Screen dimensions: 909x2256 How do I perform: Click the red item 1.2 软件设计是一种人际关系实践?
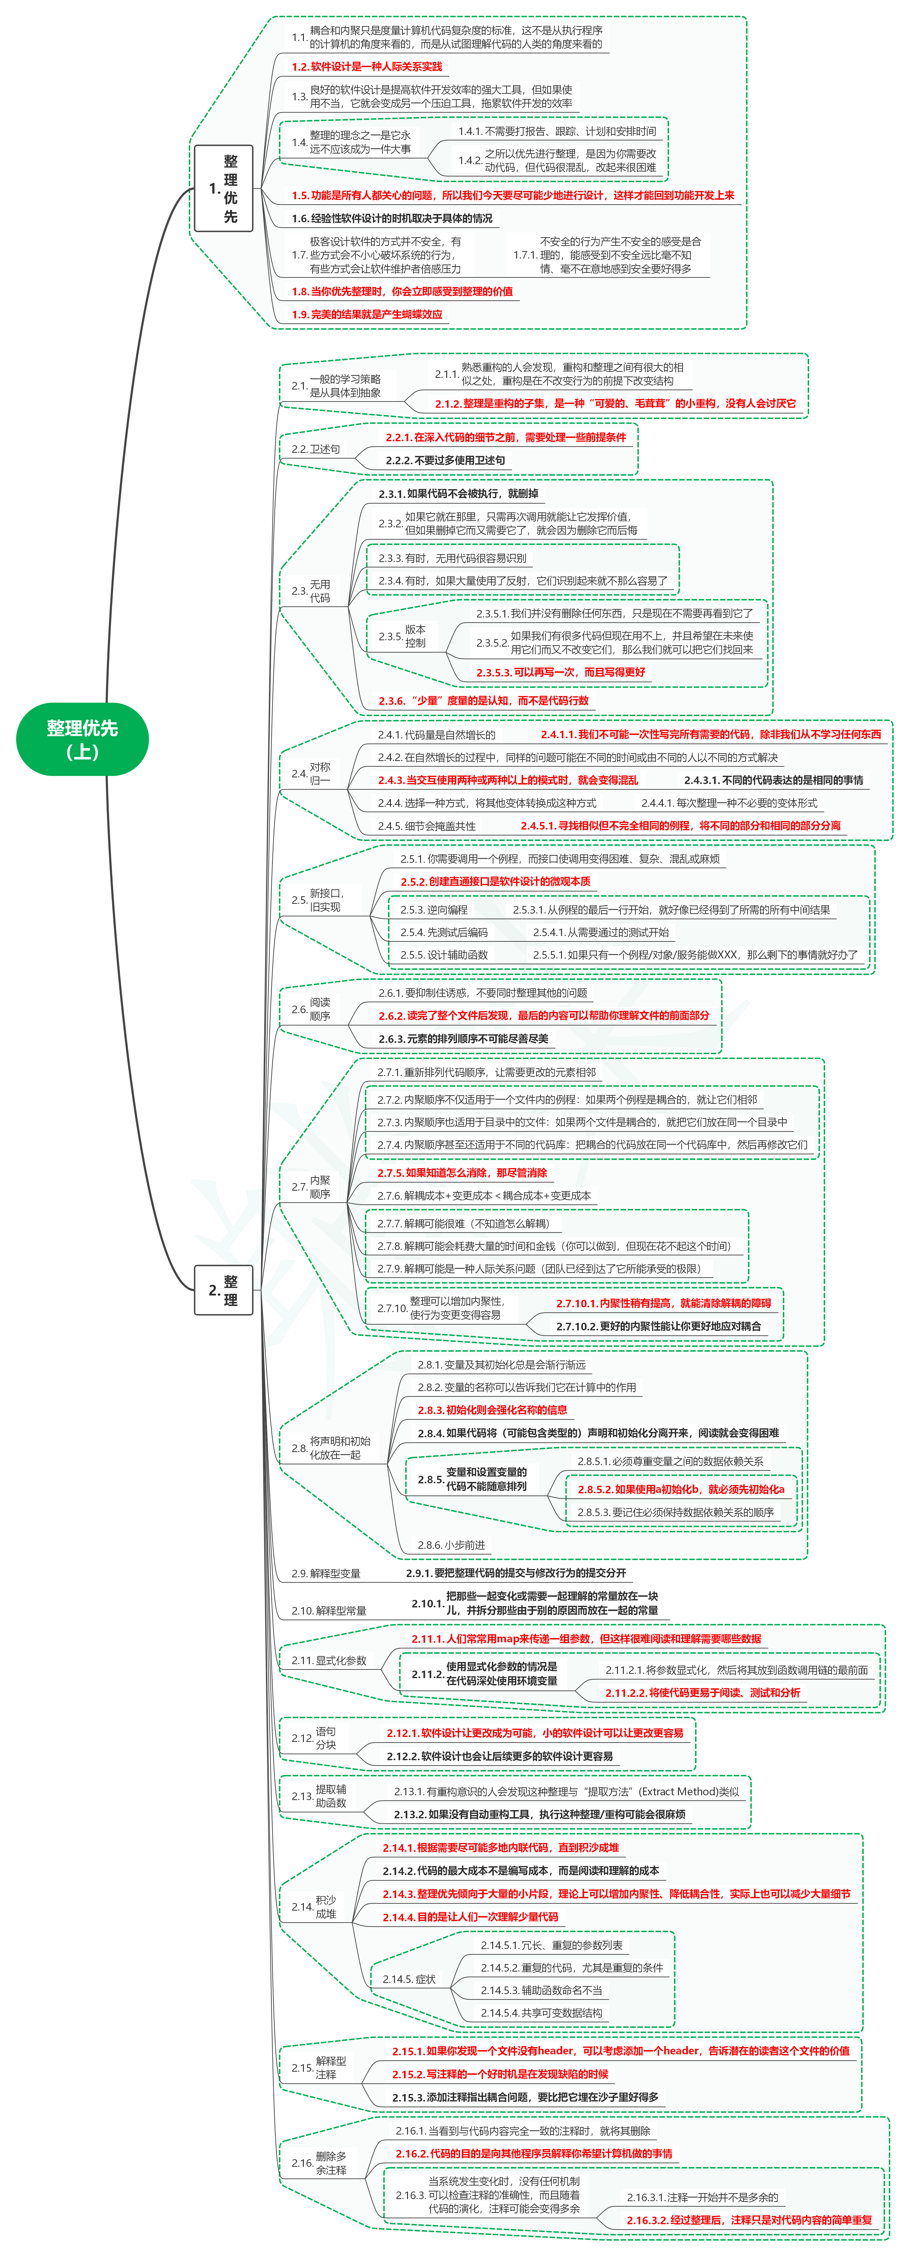(367, 67)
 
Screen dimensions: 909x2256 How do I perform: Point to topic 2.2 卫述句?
(315, 449)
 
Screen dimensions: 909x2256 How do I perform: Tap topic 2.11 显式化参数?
(329, 1661)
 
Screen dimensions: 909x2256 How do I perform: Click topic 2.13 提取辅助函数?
(319, 1796)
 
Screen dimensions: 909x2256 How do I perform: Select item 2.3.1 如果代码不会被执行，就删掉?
(458, 494)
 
